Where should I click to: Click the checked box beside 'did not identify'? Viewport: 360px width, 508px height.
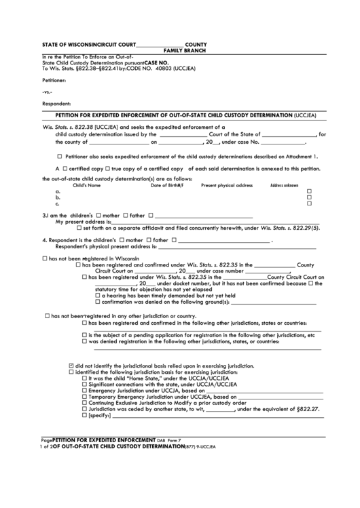click(x=71, y=366)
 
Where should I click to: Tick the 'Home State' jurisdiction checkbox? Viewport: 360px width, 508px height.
click(x=85, y=378)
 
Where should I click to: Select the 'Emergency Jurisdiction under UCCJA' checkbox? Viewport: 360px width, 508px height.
click(x=85, y=390)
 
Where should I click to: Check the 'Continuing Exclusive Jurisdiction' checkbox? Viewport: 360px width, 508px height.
click(x=85, y=402)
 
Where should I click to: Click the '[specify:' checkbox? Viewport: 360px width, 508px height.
click(x=85, y=415)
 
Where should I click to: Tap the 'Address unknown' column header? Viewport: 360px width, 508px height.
click(x=284, y=185)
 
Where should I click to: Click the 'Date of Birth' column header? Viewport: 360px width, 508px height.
click(x=167, y=185)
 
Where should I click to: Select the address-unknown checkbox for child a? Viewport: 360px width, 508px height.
click(x=309, y=191)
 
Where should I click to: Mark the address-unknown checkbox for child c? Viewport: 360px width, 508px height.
click(x=309, y=203)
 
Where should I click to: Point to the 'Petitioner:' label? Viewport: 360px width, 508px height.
click(x=56, y=79)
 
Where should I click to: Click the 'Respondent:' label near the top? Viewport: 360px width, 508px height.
click(x=56, y=104)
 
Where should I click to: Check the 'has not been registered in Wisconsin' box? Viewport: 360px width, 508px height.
click(x=45, y=258)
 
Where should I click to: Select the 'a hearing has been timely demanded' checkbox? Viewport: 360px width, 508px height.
click(x=98, y=295)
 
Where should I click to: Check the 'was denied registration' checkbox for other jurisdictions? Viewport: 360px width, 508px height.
click(x=84, y=341)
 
